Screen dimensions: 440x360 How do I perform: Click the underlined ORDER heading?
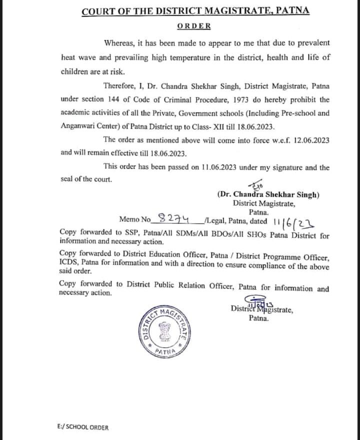click(194, 26)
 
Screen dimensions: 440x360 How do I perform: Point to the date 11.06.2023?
click(225, 167)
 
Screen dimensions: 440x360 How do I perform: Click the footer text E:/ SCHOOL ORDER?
click(82, 427)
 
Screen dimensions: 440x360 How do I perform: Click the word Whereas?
click(119, 43)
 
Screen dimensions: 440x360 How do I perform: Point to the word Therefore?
click(121, 85)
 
